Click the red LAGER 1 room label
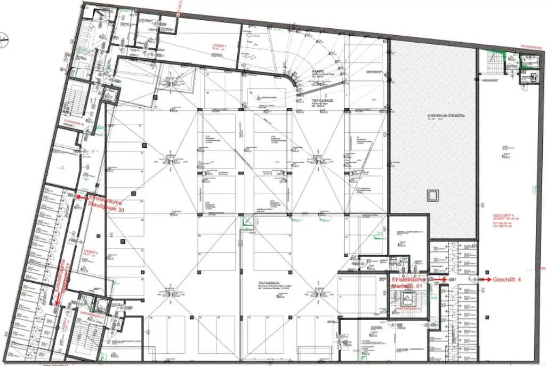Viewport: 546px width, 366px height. [217, 46]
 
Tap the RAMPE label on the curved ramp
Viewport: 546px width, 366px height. [319, 71]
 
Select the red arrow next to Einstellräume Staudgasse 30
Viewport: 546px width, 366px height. [81, 197]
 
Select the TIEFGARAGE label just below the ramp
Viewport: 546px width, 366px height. [322, 99]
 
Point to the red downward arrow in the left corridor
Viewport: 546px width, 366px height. [57, 303]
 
